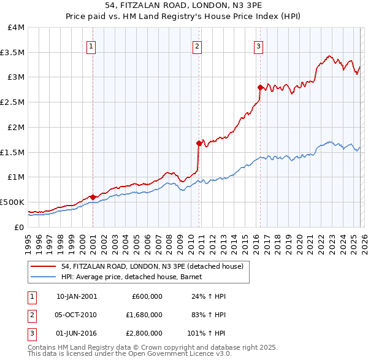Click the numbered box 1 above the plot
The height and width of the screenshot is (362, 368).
tap(91, 45)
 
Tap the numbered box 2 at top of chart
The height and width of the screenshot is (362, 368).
tap(197, 45)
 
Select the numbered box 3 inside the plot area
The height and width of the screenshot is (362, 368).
tap(258, 45)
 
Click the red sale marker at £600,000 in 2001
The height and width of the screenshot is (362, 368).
tap(93, 197)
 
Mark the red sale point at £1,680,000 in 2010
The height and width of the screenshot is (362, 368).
tap(199, 143)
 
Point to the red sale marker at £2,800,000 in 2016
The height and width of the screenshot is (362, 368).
tap(260, 87)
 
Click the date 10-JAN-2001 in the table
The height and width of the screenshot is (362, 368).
tap(76, 296)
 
